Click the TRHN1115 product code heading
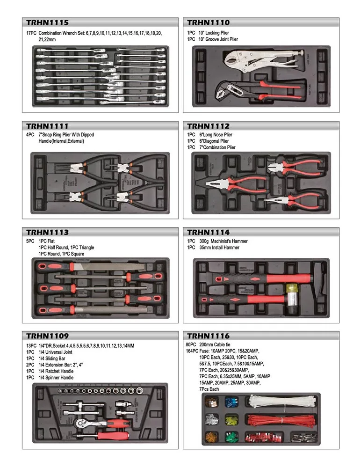(47, 22)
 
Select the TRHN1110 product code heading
(208, 22)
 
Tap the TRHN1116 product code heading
(208, 336)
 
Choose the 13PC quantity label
(31, 346)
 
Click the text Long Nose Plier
(216, 135)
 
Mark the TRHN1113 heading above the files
(47, 232)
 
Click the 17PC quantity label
(31, 34)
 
